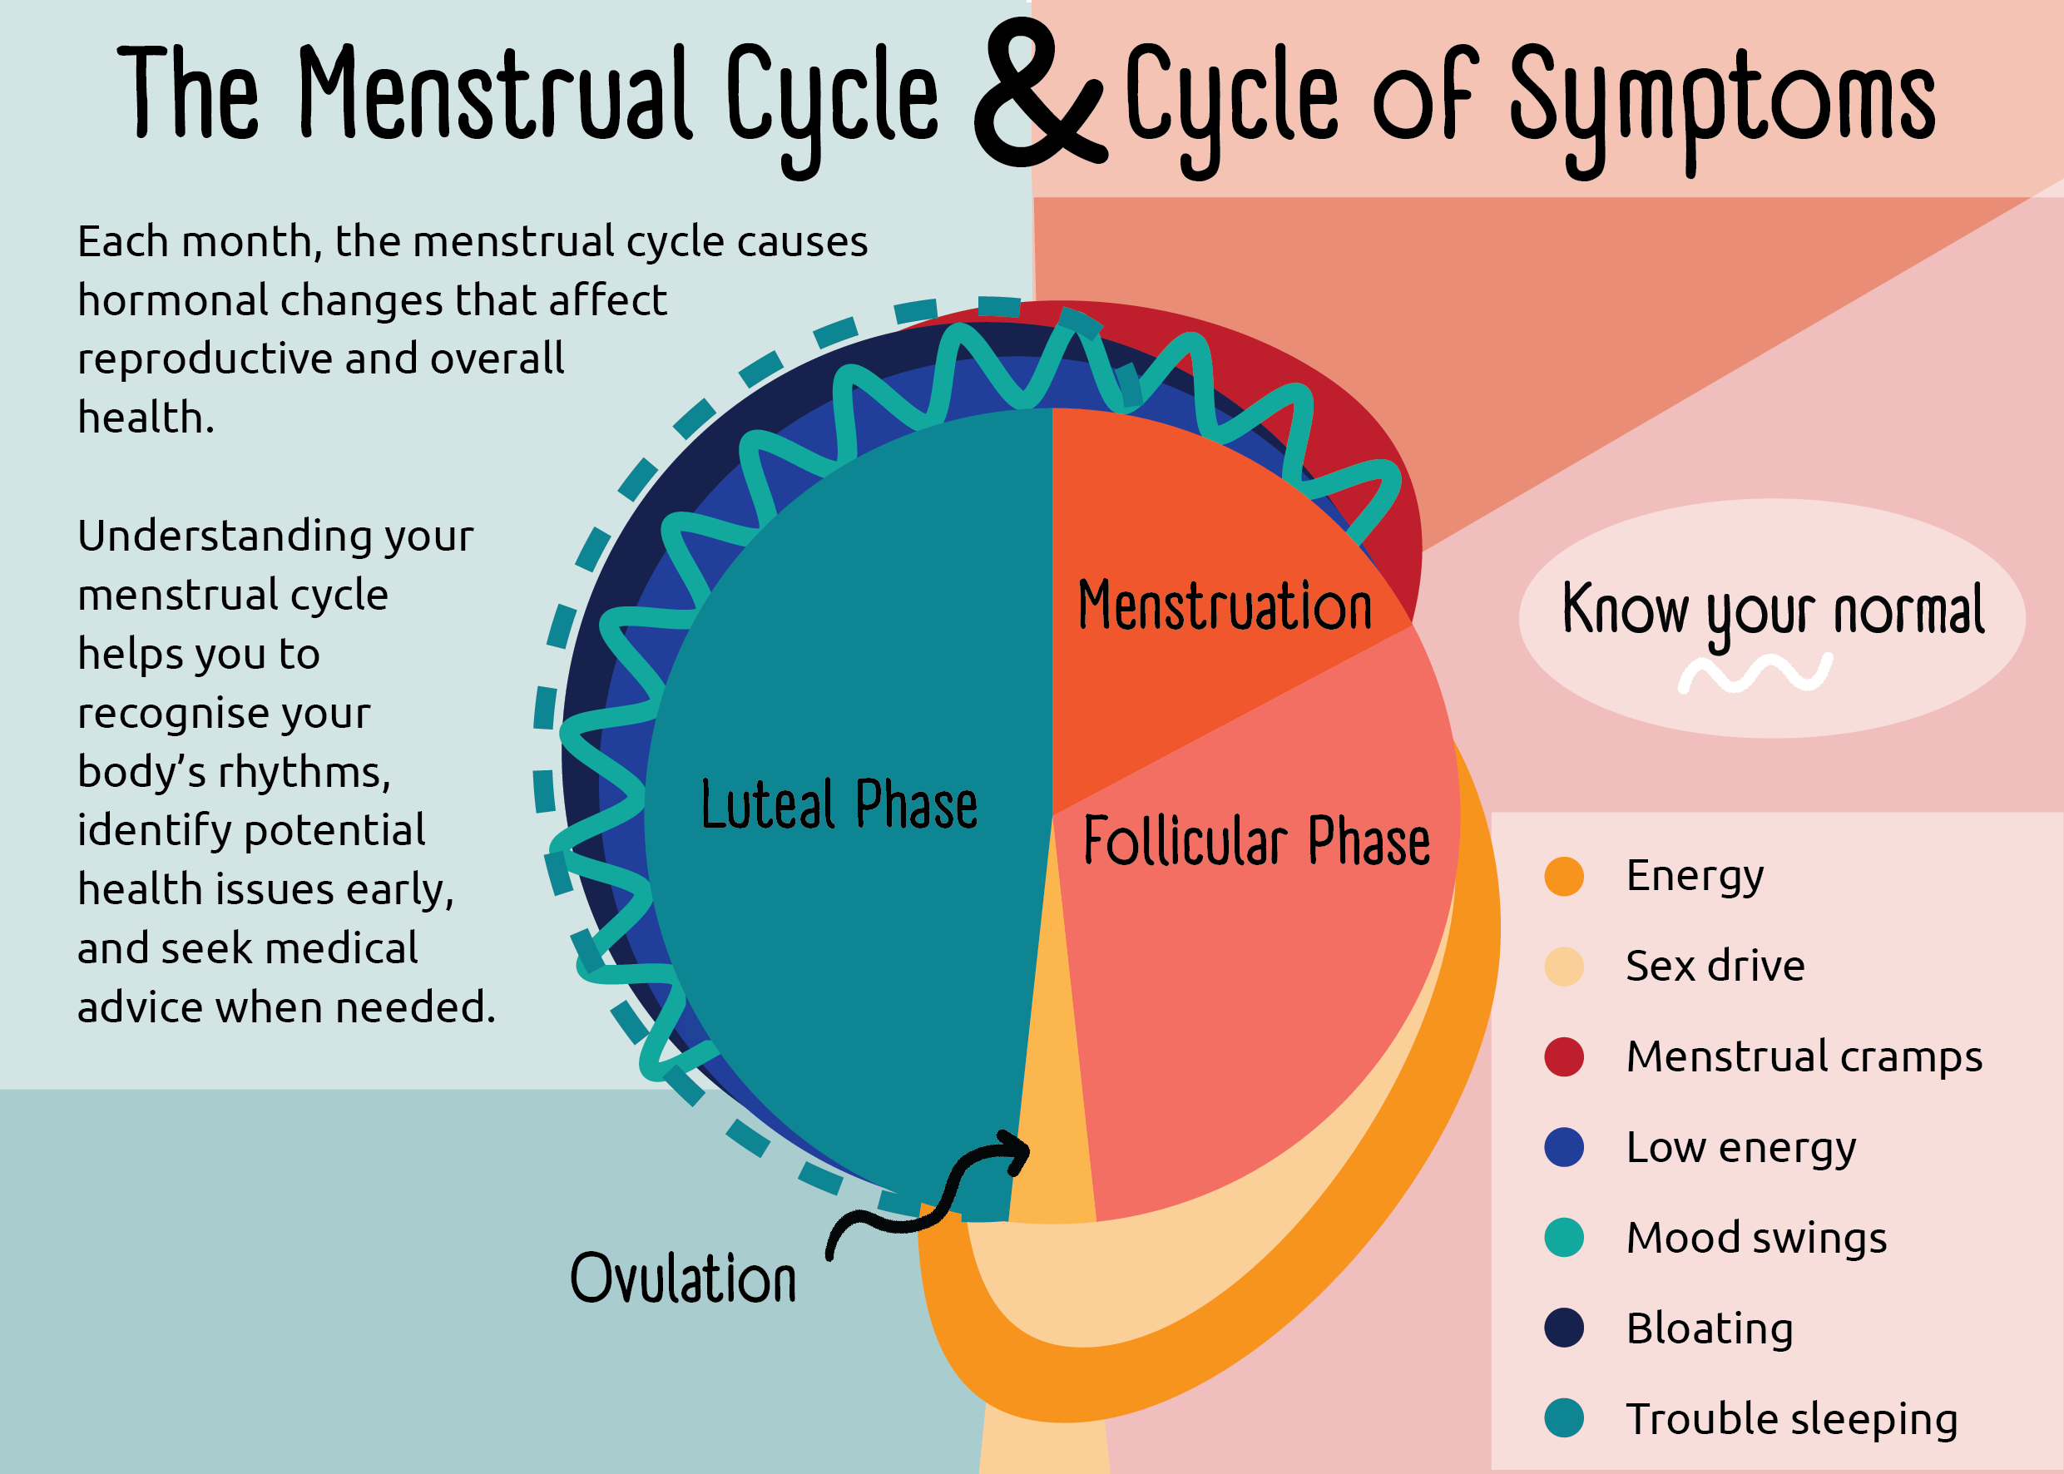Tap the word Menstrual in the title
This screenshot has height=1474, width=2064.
pos(495,96)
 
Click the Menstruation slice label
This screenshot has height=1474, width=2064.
pos(1225,606)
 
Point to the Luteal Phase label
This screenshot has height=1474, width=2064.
pos(839,805)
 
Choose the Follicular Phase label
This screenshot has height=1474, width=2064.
pos(1256,841)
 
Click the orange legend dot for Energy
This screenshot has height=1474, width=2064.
pos(1564,877)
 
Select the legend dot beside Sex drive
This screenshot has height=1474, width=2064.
pos(1564,967)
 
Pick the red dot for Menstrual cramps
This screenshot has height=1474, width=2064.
pos(1564,1057)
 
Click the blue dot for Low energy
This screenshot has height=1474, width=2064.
pos(1564,1147)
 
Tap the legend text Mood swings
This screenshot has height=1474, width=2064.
pos(1756,1238)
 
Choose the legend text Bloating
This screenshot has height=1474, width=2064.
pos(1709,1328)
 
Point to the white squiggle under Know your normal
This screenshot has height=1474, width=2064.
pos(1754,675)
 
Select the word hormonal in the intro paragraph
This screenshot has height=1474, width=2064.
pos(172,300)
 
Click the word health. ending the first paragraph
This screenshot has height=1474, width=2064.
pos(146,418)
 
